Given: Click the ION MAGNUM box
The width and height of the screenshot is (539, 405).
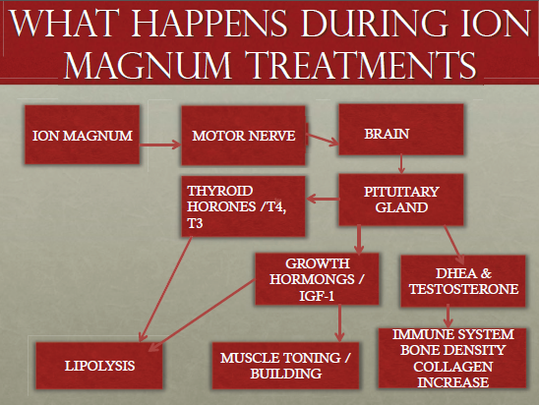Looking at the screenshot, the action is coord(83,135).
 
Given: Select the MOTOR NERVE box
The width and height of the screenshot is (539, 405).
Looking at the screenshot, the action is coord(243,136).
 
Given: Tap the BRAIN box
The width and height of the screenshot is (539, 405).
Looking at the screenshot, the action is coord(401,130).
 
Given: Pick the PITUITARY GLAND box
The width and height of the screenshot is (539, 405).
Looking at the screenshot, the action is coord(401,200).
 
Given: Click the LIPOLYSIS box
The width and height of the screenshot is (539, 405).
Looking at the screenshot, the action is coord(99,366).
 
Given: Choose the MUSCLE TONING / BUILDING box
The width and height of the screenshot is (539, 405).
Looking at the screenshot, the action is coord(285,366).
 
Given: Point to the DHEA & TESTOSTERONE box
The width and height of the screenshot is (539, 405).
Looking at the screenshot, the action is coord(463,281).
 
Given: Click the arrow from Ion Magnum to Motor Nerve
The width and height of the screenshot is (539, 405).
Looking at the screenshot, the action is coord(160,145).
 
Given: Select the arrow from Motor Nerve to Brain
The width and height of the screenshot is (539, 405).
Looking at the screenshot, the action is coord(322,140).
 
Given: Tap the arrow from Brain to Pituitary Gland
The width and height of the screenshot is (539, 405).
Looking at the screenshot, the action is coord(401,164).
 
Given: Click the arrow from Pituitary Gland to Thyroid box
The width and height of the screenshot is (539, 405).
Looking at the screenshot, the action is coord(323,199).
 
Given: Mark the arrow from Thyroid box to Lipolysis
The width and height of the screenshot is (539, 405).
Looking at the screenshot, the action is coord(165,289).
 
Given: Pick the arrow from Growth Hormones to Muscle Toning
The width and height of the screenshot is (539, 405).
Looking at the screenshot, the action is coord(339,323).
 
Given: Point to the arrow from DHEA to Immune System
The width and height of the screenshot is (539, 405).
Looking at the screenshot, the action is coord(448,316).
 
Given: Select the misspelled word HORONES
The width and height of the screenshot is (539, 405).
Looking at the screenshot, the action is coord(221,206).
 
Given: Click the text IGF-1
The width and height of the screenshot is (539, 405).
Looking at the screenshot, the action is coord(317,296).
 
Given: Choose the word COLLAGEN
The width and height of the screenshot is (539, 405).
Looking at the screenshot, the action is coord(452,367).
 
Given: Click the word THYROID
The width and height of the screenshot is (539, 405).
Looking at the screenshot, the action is coord(220,191).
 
